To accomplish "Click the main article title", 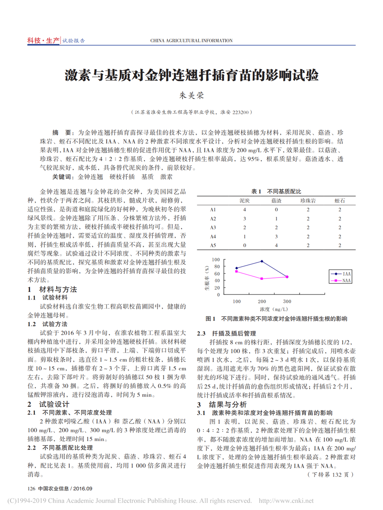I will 191,76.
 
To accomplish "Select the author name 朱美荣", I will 191,96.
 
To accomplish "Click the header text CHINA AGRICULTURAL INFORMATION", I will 191,41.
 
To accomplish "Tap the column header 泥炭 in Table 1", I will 245,200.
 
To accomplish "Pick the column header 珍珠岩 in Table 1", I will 308,200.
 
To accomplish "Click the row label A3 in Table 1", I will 213,227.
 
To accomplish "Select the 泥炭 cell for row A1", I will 245,210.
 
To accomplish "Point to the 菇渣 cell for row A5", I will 276,245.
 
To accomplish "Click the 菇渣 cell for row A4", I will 276,236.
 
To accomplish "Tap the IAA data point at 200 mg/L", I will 262,261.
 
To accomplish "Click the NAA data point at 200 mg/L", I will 262,279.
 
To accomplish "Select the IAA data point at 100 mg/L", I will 237,268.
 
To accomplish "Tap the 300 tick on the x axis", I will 287,301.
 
